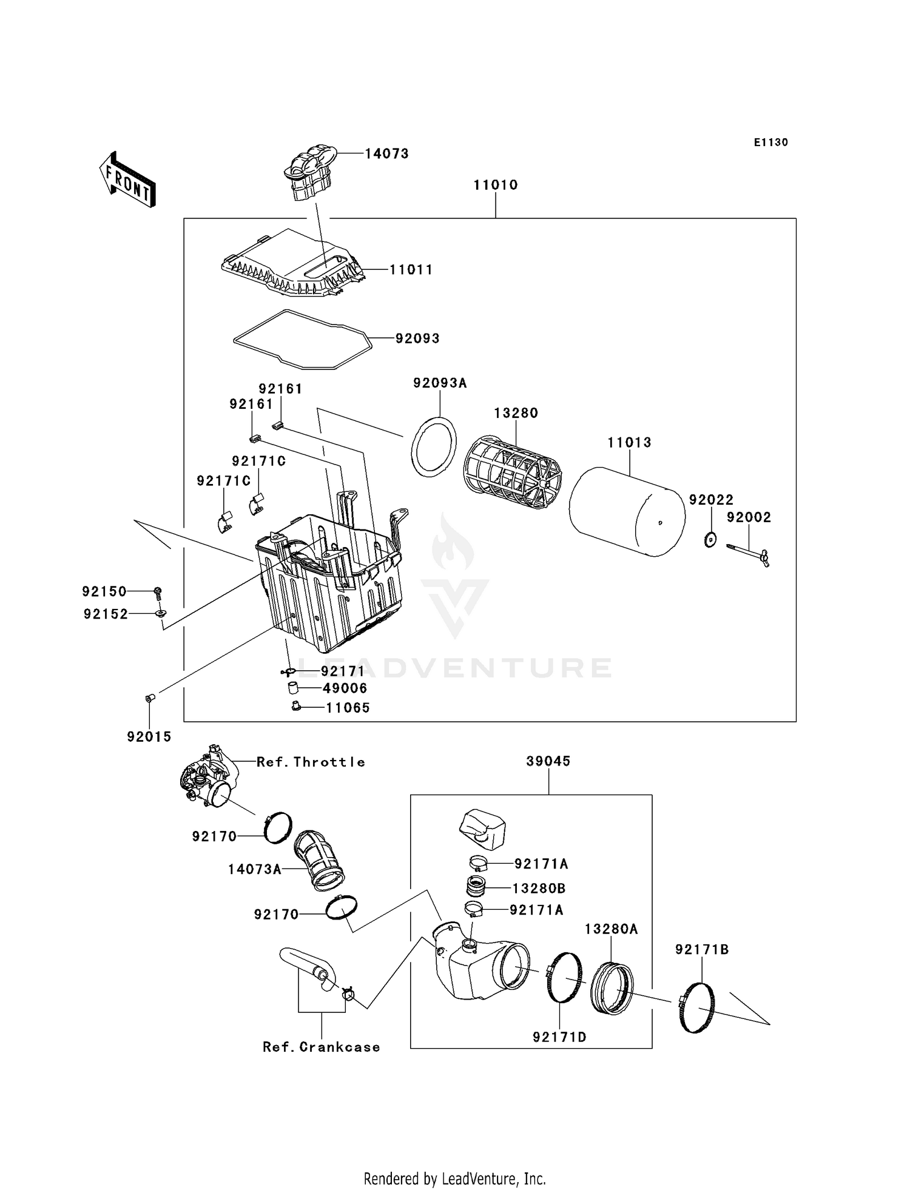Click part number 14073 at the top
pyautogui.click(x=386, y=154)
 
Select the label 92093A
pyautogui.click(x=440, y=383)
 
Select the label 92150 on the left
pyautogui.click(x=104, y=591)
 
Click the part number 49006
pyautogui.click(x=344, y=688)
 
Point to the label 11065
pyautogui.click(x=348, y=708)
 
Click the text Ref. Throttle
pyautogui.click(x=311, y=762)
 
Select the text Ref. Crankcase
pyautogui.click(x=321, y=1047)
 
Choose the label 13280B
pyautogui.click(x=539, y=889)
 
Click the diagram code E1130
pyautogui.click(x=770, y=143)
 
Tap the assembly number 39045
pyautogui.click(x=548, y=761)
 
